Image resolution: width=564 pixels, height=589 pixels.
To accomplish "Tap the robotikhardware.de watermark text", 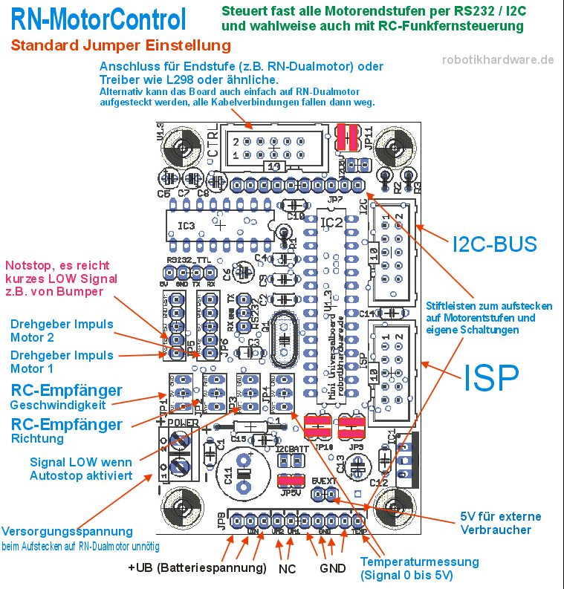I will point(498,60).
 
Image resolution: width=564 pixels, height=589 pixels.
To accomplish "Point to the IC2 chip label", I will point(331,221).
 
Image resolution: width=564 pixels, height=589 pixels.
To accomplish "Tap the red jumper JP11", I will point(346,137).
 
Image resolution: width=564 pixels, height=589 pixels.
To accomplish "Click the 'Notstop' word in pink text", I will point(27,265).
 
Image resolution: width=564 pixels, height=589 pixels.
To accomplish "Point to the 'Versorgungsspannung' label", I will point(68,532).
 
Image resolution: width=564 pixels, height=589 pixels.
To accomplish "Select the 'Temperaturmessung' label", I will point(419,562).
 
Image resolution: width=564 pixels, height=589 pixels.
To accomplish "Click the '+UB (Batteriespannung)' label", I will point(197,568).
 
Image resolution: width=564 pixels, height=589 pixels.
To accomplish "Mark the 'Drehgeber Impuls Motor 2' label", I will point(62,332).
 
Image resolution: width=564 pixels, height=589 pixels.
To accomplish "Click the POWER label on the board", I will point(182,421).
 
